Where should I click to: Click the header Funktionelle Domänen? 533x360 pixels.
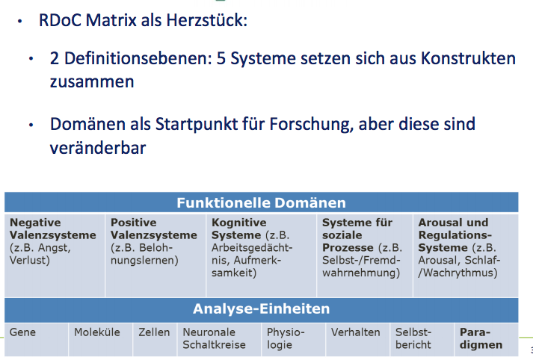pos(261,202)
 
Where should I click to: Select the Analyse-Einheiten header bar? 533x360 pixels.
pos(261,308)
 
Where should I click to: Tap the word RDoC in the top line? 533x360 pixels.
pos(59,19)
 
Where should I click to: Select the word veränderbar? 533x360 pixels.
pos(97,147)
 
